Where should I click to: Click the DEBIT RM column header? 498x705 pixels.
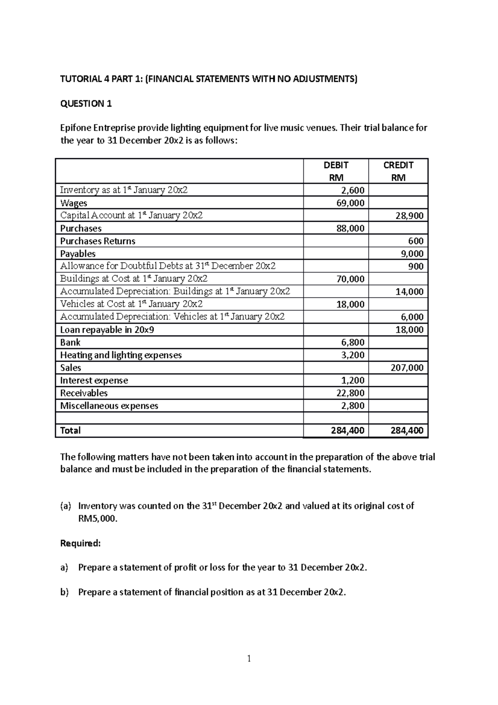pyautogui.click(x=336, y=171)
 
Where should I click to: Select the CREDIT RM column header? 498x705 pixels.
pyautogui.click(x=398, y=171)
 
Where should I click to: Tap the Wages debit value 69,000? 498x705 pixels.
pyautogui.click(x=350, y=203)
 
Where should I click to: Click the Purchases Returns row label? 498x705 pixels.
pyautogui.click(x=98, y=241)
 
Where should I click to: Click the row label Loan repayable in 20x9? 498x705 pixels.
pyautogui.click(x=107, y=330)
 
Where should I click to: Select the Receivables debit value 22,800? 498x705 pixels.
pyautogui.click(x=350, y=393)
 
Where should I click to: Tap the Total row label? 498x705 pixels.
pyautogui.click(x=70, y=431)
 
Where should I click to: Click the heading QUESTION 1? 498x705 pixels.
pyautogui.click(x=86, y=104)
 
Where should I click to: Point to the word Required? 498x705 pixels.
pyautogui.click(x=81, y=543)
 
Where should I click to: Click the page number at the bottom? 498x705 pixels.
pyautogui.click(x=249, y=658)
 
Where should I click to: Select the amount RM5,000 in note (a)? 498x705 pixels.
pyautogui.click(x=97, y=519)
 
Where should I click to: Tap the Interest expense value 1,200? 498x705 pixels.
pyautogui.click(x=353, y=381)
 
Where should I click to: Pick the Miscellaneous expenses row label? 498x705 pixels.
pyautogui.click(x=109, y=406)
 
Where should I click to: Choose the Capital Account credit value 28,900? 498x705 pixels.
pyautogui.click(x=409, y=216)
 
